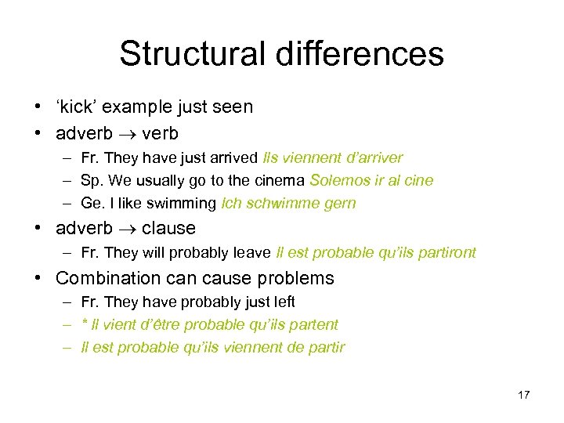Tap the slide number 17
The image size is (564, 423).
click(524, 394)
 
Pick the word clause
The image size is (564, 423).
click(168, 229)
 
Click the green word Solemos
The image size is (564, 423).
click(338, 180)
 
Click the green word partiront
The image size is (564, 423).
click(445, 253)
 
